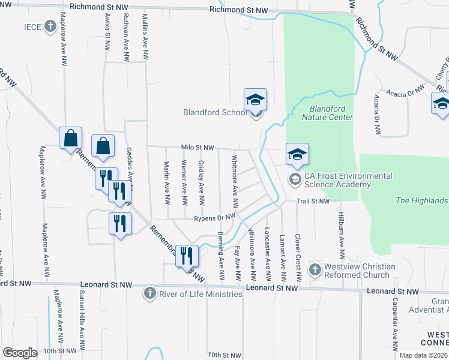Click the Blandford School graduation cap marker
255,100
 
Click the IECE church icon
50,27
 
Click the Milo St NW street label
197,148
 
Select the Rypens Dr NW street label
214,219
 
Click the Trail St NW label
315,201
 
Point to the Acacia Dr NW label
406,93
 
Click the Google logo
20,353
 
